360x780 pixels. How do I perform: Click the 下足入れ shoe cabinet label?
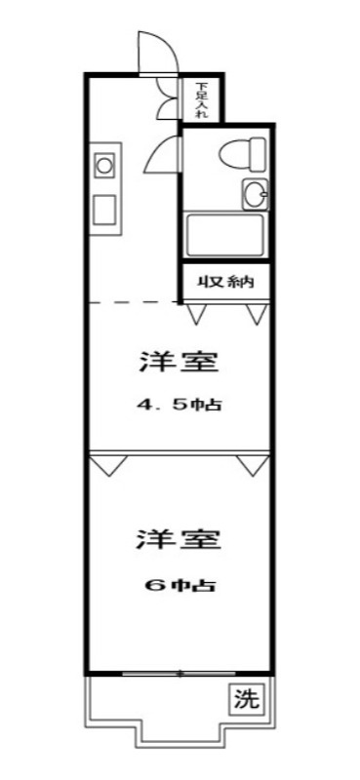(x=202, y=98)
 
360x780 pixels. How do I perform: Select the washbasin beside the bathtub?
(x=255, y=193)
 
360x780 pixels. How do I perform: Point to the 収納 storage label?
(x=226, y=283)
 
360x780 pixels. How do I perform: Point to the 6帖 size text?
(x=179, y=586)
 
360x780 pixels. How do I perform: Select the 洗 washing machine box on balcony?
(x=248, y=698)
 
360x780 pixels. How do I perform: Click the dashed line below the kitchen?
(x=132, y=302)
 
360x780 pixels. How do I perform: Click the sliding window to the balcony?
(x=180, y=673)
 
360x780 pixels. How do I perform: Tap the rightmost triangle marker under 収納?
(x=257, y=314)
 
